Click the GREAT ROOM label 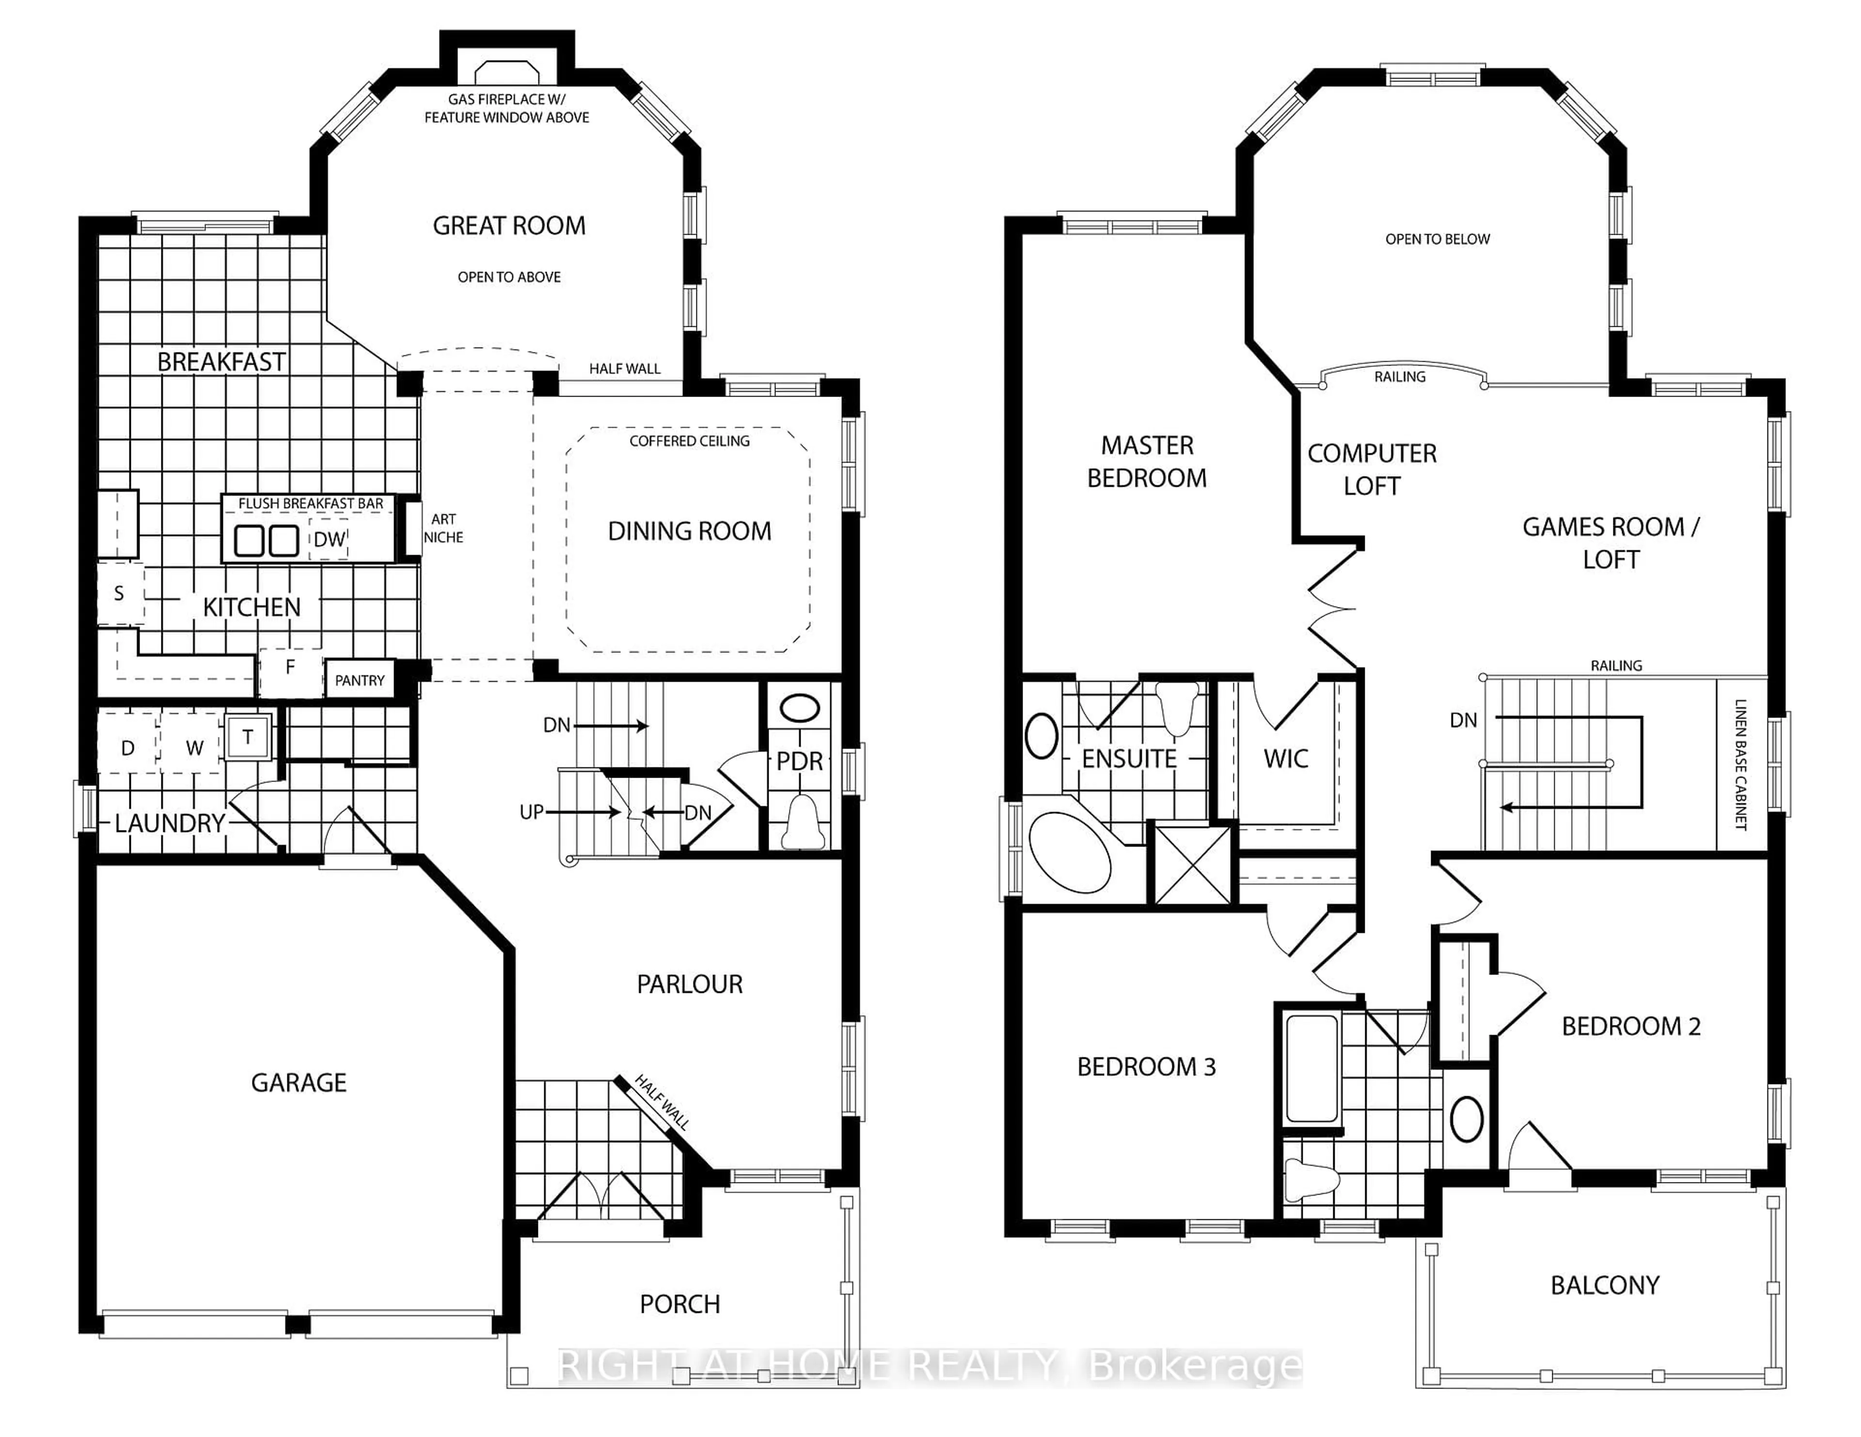pyautogui.click(x=509, y=226)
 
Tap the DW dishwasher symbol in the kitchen pyautogui.click(x=329, y=540)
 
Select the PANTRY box pyautogui.click(x=360, y=680)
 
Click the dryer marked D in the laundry pyautogui.click(x=128, y=748)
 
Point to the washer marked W pyautogui.click(x=194, y=748)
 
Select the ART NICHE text pyautogui.click(x=443, y=528)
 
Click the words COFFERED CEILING pyautogui.click(x=689, y=441)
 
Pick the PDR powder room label pyautogui.click(x=799, y=761)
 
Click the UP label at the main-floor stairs pyautogui.click(x=532, y=812)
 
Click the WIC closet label pyautogui.click(x=1286, y=759)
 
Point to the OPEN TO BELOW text pyautogui.click(x=1437, y=239)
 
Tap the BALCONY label pyautogui.click(x=1605, y=1285)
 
